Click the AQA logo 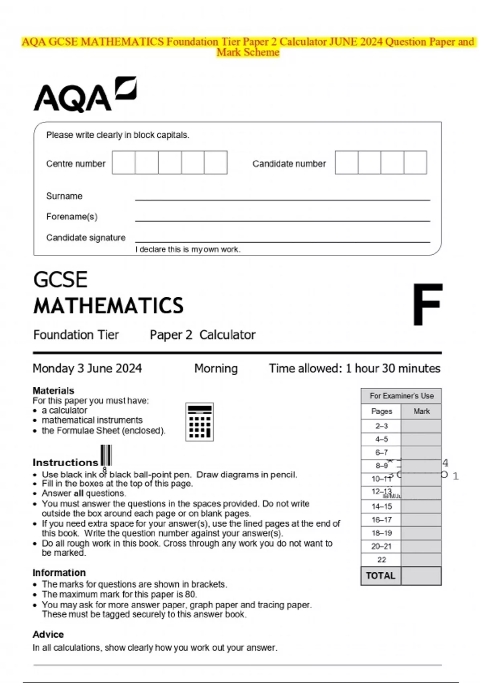point(84,94)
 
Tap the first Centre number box point(123,162)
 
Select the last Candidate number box point(415,162)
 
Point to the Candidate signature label point(86,237)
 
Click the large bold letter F point(427,305)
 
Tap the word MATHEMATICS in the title point(108,306)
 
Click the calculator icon point(199,422)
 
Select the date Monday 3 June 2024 point(87,368)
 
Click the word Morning point(216,368)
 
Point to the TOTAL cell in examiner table point(380,575)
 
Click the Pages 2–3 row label point(381,426)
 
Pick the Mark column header point(421,411)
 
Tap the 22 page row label point(381,560)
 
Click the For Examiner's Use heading point(401,396)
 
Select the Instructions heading point(65,462)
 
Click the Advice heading point(48,634)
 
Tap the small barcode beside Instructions point(106,455)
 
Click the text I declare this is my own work point(188,249)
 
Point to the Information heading point(59,573)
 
